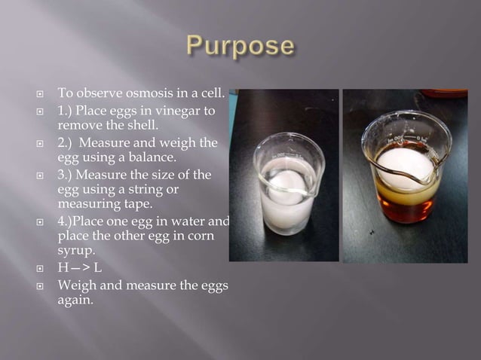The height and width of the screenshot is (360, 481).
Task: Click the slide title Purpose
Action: click(239, 46)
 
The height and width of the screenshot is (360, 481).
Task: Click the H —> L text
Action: click(79, 268)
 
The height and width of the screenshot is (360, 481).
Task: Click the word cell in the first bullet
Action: click(210, 95)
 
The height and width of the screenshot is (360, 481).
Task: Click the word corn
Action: click(198, 236)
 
